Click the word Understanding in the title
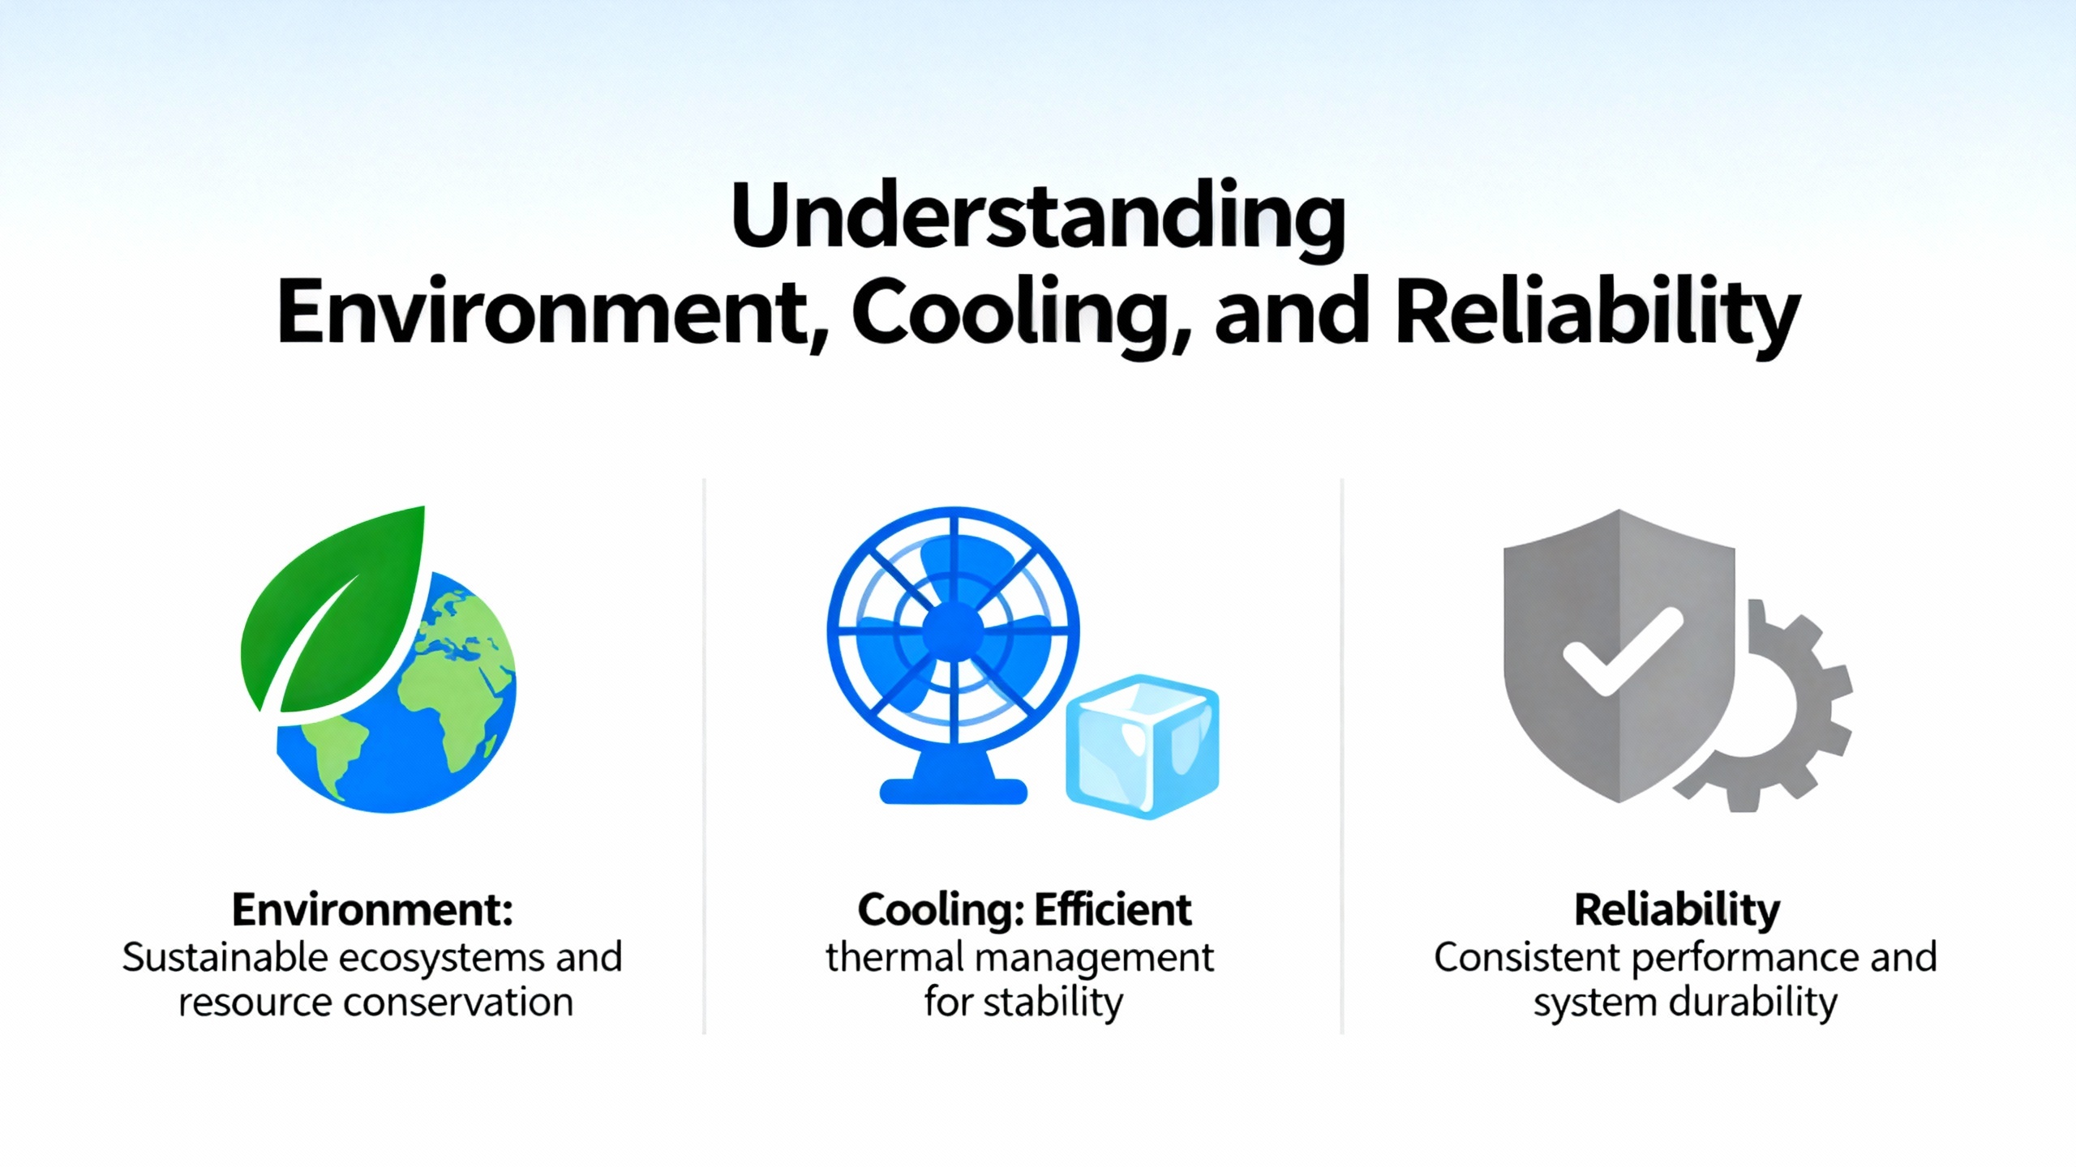pyautogui.click(x=1038, y=217)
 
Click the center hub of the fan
pyautogui.click(x=953, y=630)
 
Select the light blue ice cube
pyautogui.click(x=1142, y=746)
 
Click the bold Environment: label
pyautogui.click(x=372, y=909)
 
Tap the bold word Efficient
pyautogui.click(x=1113, y=909)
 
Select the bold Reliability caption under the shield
pyautogui.click(x=1677, y=911)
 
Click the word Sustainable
pyautogui.click(x=225, y=958)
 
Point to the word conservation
pyautogui.click(x=459, y=1003)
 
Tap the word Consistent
pyautogui.click(x=1527, y=958)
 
